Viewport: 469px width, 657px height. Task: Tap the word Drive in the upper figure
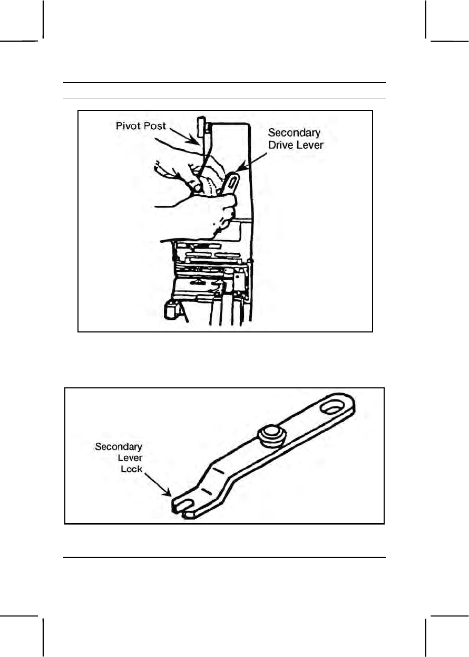point(281,144)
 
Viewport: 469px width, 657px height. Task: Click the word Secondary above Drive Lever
point(295,132)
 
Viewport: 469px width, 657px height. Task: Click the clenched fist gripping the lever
point(221,211)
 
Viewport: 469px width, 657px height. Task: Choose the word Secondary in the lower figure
point(119,447)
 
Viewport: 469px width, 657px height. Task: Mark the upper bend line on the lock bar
point(216,469)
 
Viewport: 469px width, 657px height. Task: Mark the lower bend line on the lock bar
point(207,490)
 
